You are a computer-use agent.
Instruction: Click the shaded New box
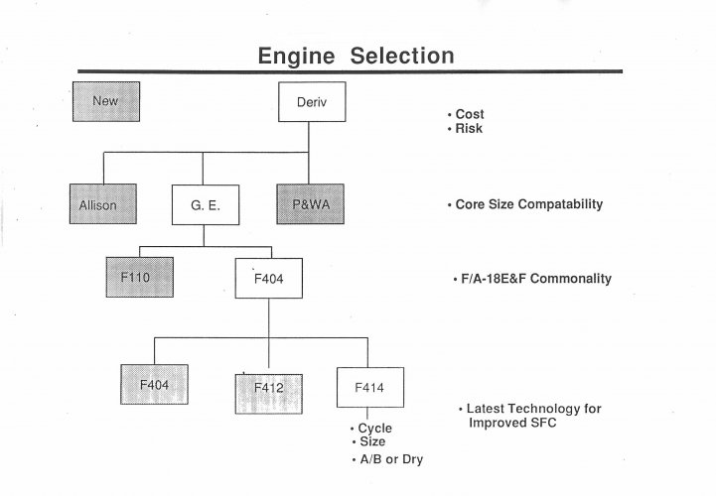point(106,102)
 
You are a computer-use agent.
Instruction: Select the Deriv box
point(312,102)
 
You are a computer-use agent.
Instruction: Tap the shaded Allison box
point(103,204)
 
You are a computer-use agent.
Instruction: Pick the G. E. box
point(206,205)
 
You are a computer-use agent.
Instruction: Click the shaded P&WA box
point(311,204)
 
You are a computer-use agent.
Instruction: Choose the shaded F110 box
point(140,277)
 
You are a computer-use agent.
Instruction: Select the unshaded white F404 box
point(269,279)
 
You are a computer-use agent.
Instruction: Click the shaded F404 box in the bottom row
point(154,384)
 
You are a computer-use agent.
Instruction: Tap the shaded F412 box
point(268,394)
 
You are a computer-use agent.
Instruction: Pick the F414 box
point(370,388)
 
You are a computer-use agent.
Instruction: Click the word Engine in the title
point(296,57)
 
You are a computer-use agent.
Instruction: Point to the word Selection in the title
point(402,56)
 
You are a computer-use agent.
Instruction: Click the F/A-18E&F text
point(495,279)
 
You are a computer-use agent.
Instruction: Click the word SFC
point(543,423)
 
